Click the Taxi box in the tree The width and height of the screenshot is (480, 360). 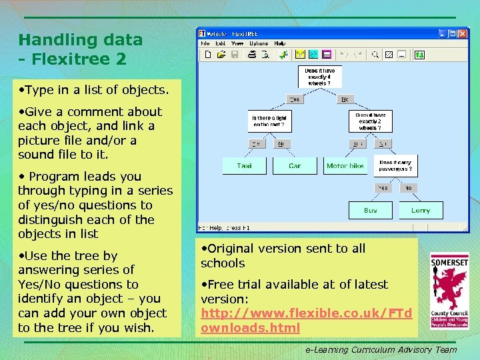pyautogui.click(x=245, y=165)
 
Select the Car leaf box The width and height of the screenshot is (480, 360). pyautogui.click(x=295, y=165)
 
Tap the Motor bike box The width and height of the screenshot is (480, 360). pyautogui.click(x=345, y=165)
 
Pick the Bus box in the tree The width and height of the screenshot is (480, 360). pyautogui.click(x=371, y=211)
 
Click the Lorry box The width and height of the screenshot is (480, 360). pyautogui.click(x=421, y=211)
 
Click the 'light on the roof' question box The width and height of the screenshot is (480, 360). pyautogui.click(x=269, y=121)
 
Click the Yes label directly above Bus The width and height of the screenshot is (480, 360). pyautogui.click(x=383, y=188)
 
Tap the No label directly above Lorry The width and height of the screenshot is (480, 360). pyautogui.click(x=408, y=188)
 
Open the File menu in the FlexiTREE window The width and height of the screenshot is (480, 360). pyautogui.click(x=205, y=43)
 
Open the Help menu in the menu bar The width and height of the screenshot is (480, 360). pyautogui.click(x=280, y=43)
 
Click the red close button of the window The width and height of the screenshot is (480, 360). pyautogui.click(x=462, y=33)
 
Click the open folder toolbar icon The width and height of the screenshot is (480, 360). pyautogui.click(x=221, y=55)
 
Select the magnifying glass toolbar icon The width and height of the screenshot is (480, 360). pyautogui.click(x=375, y=55)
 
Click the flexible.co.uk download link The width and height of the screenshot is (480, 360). pyautogui.click(x=306, y=320)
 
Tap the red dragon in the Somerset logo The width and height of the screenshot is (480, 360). pyautogui.click(x=449, y=287)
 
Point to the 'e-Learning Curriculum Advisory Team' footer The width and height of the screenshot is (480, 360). pyautogui.click(x=381, y=349)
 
